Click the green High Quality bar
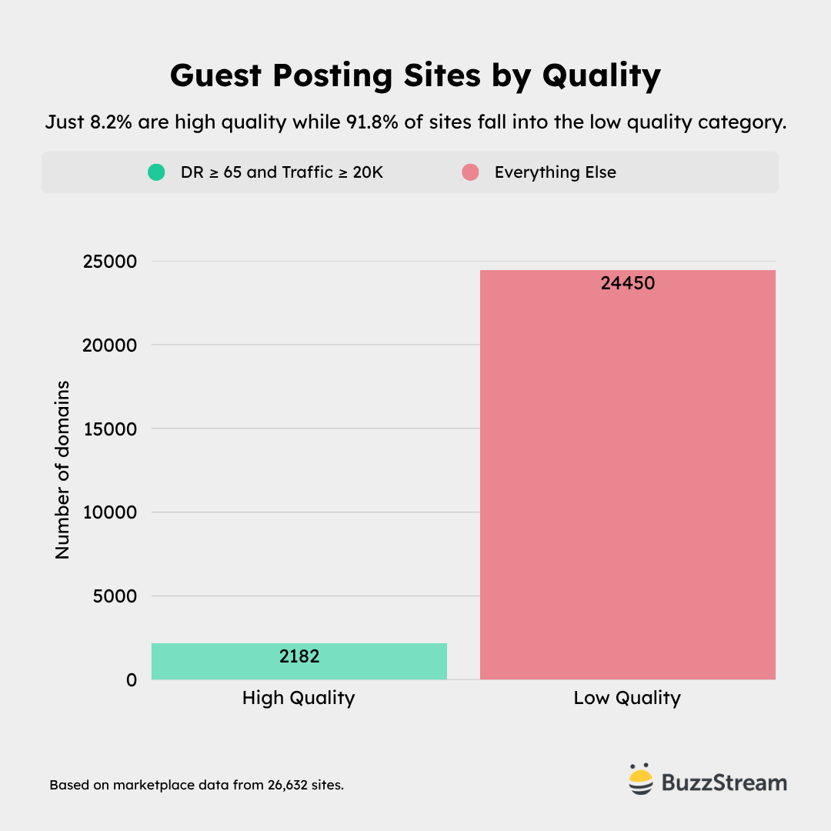point(299,662)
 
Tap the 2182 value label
point(299,656)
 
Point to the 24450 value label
point(627,283)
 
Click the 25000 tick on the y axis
point(109,262)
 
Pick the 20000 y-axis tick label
point(109,345)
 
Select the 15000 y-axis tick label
point(109,429)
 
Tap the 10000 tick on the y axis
point(109,512)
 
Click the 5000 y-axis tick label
point(115,596)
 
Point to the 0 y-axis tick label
point(132,680)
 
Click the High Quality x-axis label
point(299,698)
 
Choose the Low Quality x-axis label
point(627,698)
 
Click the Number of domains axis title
point(62,469)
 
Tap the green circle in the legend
point(156,172)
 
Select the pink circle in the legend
point(470,172)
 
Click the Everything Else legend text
point(555,172)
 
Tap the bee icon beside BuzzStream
point(640,779)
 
